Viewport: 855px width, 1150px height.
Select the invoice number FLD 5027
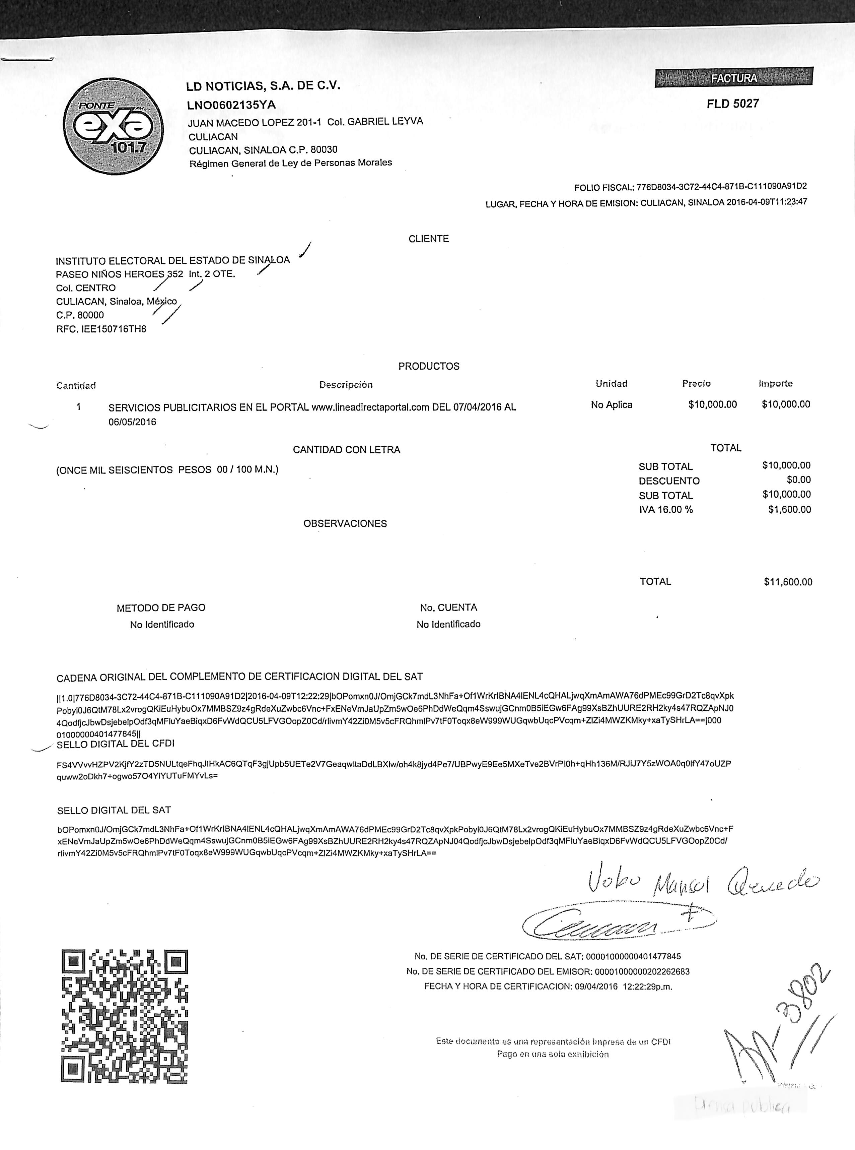(732, 104)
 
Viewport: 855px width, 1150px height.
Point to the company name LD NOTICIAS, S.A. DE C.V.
(264, 86)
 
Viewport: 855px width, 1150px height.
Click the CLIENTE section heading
(429, 239)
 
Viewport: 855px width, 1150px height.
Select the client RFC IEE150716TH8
(101, 329)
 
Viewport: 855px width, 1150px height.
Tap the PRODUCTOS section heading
(429, 366)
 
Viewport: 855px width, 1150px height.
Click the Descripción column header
(346, 385)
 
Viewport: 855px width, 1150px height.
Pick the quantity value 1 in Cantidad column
(79, 407)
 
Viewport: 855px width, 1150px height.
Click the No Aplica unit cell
(611, 404)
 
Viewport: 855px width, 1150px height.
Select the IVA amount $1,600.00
(789, 510)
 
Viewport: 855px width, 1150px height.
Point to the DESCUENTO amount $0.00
(799, 480)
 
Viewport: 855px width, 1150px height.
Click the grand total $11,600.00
(788, 582)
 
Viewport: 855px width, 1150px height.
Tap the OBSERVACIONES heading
(345, 523)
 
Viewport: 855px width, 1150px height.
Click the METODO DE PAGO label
(161, 608)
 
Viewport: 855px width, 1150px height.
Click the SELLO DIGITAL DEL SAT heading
(114, 810)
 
